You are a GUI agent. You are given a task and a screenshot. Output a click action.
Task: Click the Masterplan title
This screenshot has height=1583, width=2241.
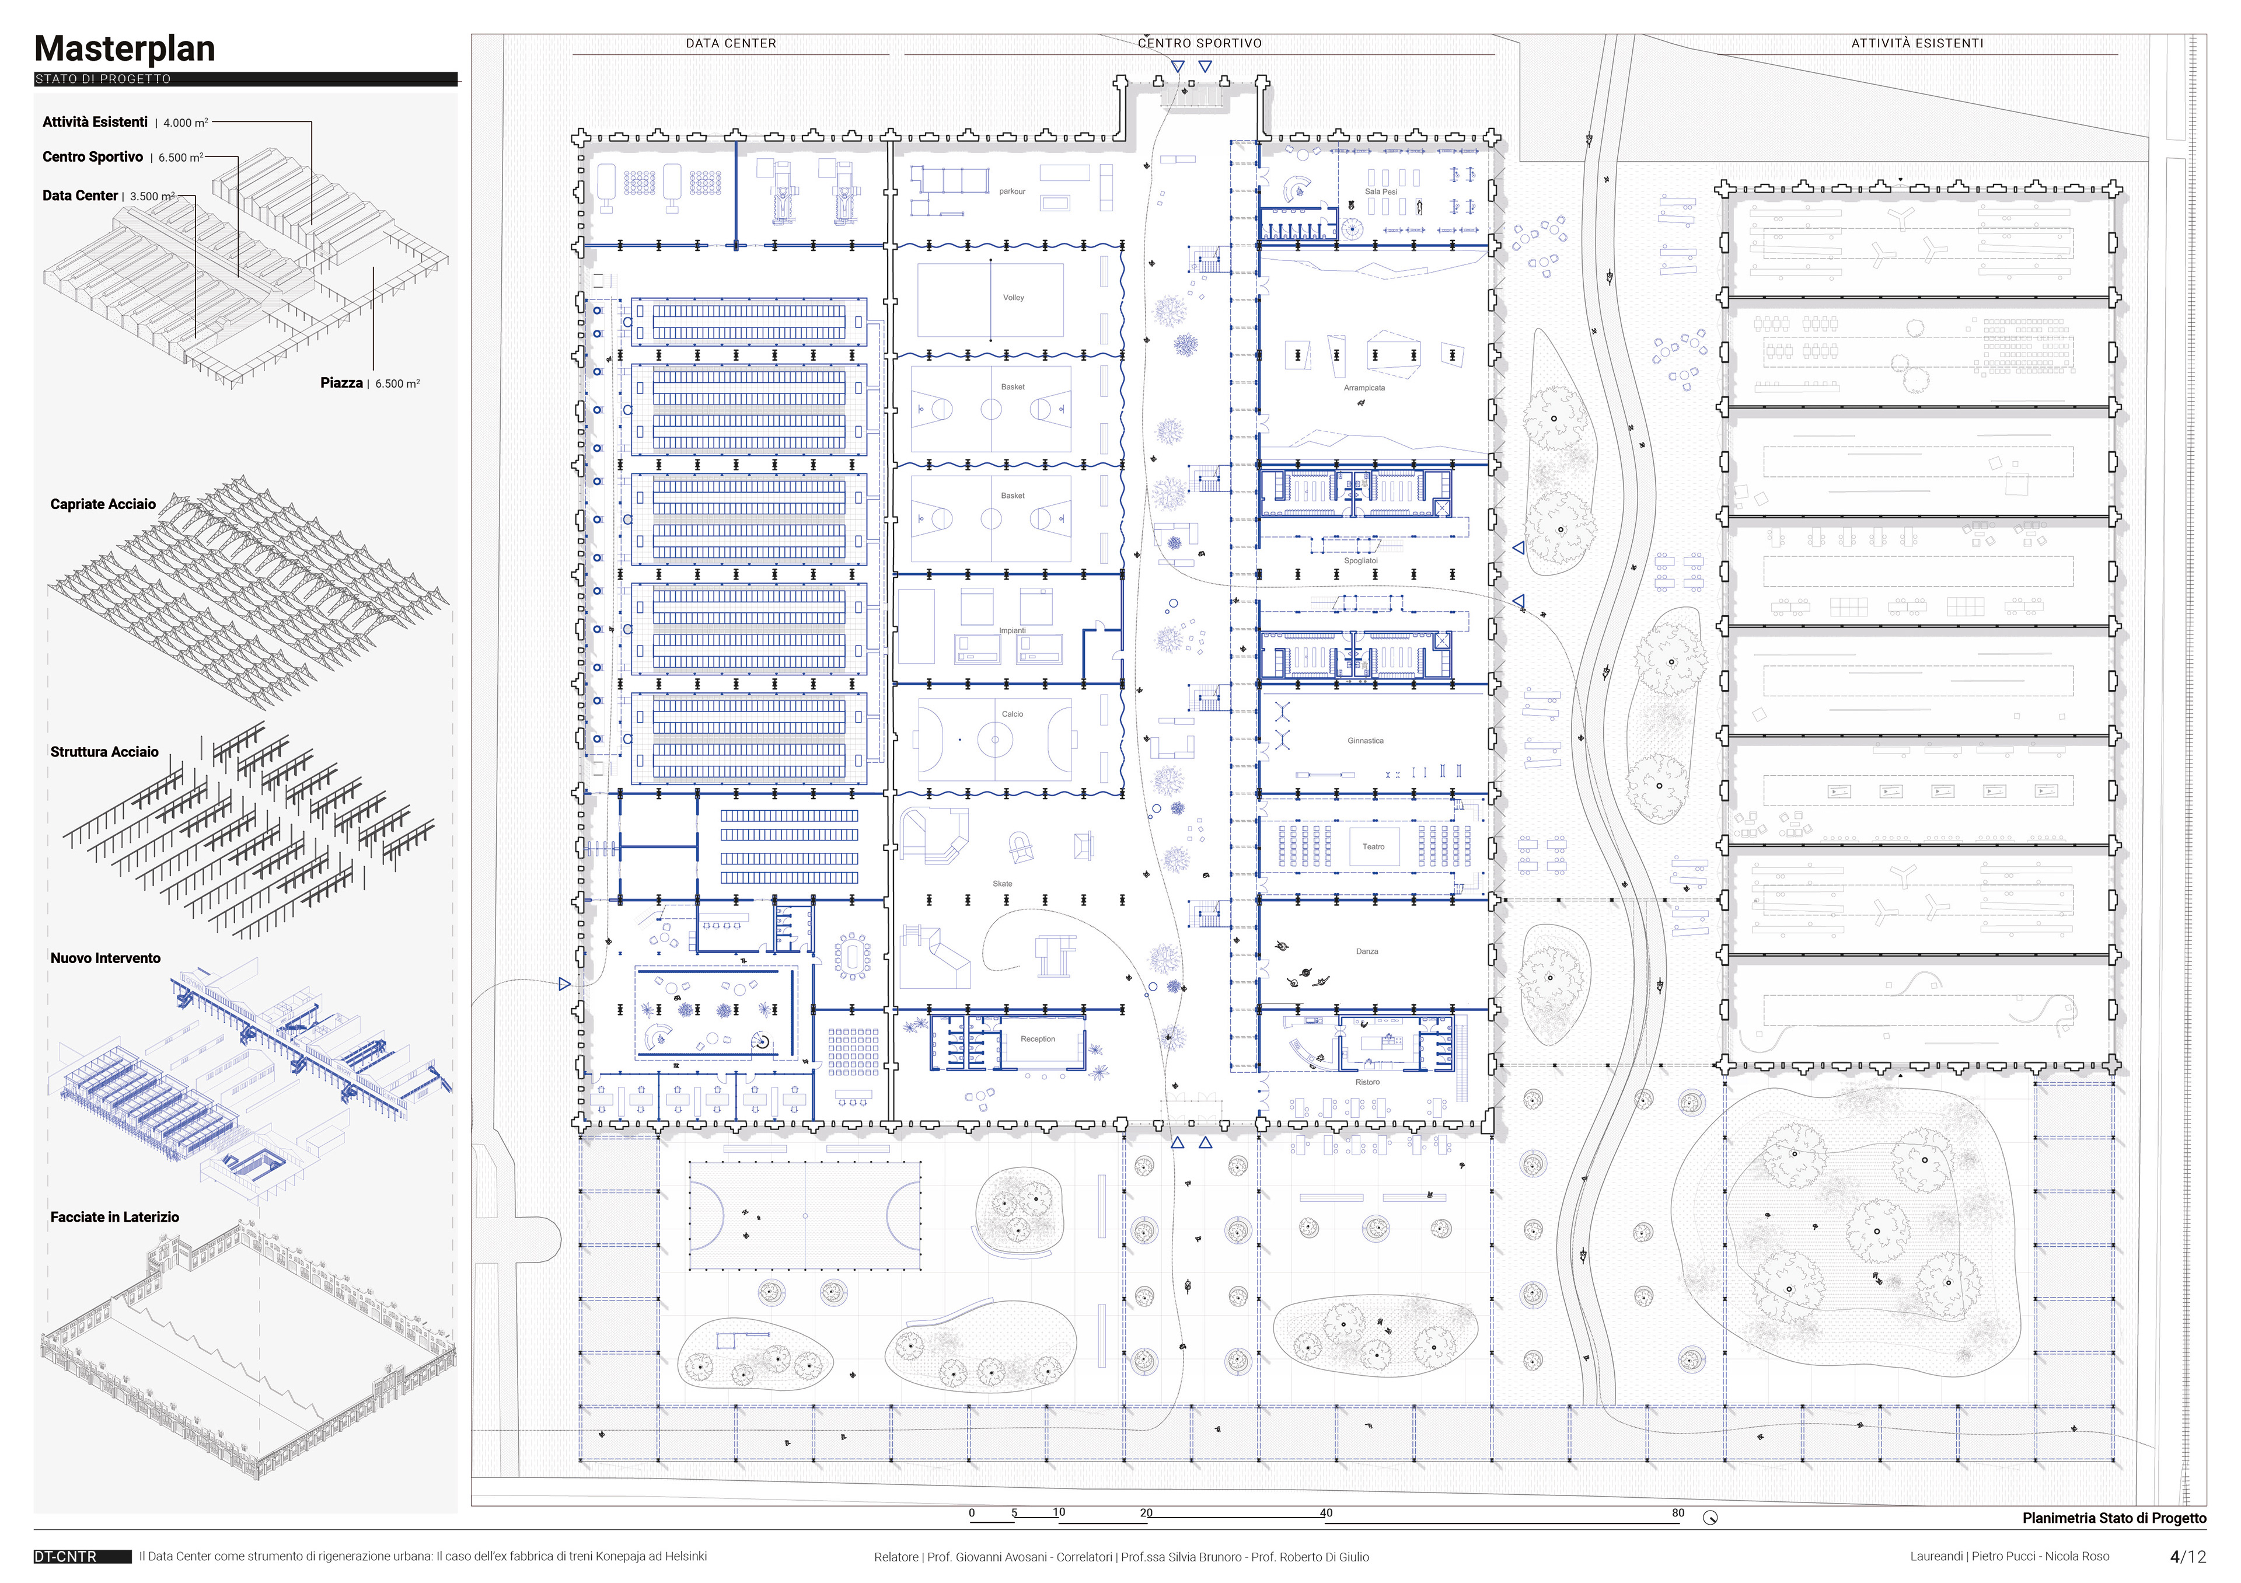(125, 49)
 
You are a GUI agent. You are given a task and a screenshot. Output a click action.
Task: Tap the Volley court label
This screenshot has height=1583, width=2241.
(1013, 298)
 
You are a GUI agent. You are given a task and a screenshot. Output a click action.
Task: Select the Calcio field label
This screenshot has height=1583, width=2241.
(1012, 714)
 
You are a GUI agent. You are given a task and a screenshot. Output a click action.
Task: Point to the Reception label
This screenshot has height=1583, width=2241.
(1038, 1040)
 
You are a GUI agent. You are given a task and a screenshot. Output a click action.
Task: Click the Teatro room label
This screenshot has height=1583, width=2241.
(1373, 847)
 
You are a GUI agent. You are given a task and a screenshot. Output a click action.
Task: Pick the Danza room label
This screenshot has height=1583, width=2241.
(1366, 951)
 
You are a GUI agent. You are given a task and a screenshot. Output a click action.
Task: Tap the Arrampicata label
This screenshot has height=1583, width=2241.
(1364, 388)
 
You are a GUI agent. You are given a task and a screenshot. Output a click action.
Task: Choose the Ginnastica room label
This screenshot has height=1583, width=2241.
(1366, 741)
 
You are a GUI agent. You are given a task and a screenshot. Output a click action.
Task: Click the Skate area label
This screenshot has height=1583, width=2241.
(1003, 884)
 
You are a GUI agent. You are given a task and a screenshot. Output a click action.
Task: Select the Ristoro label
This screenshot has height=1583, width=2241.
(1367, 1082)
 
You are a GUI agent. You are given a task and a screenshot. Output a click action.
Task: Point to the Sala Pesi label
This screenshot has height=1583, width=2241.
(1381, 192)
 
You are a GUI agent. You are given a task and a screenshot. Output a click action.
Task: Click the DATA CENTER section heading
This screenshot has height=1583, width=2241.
(731, 44)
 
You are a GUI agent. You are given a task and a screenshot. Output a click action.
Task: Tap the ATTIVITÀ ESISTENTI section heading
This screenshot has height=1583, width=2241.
(1917, 44)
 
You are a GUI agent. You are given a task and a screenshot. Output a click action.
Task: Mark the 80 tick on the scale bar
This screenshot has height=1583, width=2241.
(1678, 1513)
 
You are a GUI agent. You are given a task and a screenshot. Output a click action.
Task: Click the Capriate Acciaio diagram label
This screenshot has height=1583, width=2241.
(103, 504)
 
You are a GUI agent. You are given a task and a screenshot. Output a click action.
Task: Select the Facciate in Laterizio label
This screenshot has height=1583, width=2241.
(115, 1217)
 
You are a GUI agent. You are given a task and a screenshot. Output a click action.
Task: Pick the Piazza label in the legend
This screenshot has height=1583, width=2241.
(341, 382)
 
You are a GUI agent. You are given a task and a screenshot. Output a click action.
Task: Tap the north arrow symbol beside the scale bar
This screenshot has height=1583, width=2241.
(1710, 1518)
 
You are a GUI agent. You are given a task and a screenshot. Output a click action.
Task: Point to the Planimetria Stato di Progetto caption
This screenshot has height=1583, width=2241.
(2114, 1519)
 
